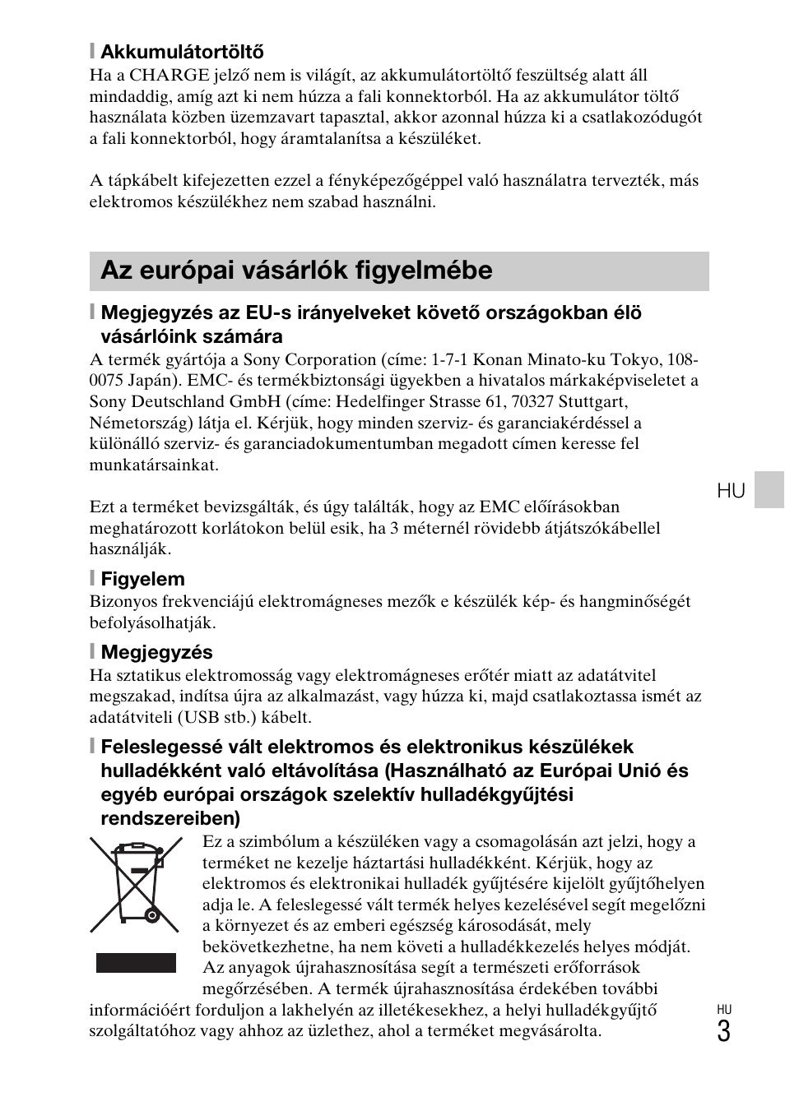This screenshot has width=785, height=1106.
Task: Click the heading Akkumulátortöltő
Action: pyautogui.click(x=182, y=53)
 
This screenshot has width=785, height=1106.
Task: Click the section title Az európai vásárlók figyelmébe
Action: pyautogui.click(x=296, y=271)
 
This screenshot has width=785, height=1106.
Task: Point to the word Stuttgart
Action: pyautogui.click(x=592, y=401)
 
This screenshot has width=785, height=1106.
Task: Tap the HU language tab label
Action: pyautogui.click(x=731, y=492)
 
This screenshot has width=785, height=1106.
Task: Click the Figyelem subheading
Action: pyautogui.click(x=142, y=579)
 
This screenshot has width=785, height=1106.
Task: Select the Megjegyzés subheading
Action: pyautogui.click(x=156, y=653)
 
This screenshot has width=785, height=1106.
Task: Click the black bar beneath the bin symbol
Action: pyautogui.click(x=136, y=963)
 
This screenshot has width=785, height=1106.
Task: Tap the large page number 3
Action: pyautogui.click(x=723, y=1031)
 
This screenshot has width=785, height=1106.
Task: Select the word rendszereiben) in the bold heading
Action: pyautogui.click(x=170, y=819)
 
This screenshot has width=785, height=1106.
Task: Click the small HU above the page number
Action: pyautogui.click(x=723, y=1010)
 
